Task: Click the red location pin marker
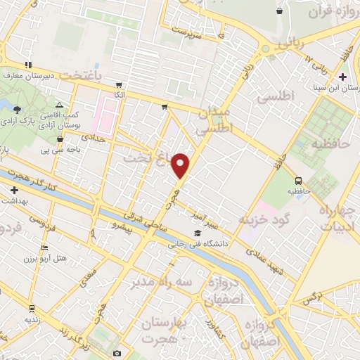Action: (181, 165)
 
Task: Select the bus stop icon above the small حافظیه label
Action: (299, 180)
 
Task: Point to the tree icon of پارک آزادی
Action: (17, 108)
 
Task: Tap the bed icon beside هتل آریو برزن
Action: (44, 248)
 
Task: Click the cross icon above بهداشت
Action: (14, 190)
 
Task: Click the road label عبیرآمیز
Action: (210, 221)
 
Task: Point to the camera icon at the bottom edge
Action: (117, 353)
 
